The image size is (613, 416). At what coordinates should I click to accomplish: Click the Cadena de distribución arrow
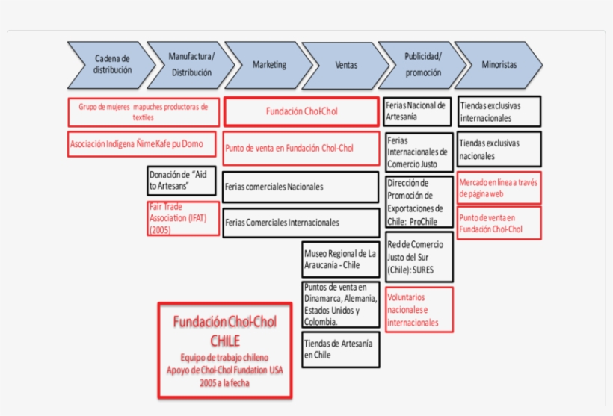(111, 65)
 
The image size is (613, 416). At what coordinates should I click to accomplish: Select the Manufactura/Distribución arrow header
(191, 65)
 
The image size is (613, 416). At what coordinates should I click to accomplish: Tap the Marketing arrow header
(268, 65)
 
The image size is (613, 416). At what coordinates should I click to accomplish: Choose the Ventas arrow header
(345, 65)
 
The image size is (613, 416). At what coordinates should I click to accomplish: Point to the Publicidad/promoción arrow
(422, 65)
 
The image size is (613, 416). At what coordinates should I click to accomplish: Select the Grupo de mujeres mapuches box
(144, 112)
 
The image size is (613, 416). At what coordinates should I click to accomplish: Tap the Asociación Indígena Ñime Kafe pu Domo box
(144, 144)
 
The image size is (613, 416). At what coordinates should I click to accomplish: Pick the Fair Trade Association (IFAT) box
(183, 218)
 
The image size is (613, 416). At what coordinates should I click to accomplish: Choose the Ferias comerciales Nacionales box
(301, 187)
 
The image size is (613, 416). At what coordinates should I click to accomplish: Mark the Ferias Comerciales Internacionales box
(301, 223)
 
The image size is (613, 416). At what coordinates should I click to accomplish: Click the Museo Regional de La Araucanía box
(340, 259)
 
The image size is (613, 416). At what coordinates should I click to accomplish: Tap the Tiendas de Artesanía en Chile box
(340, 349)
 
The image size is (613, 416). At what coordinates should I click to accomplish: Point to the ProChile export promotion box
(419, 202)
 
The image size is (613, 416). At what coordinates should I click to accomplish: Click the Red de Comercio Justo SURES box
(419, 256)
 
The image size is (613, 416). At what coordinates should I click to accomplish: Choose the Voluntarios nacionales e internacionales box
(419, 309)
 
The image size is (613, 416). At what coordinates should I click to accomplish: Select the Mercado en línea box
(499, 187)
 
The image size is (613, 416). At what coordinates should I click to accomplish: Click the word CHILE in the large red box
(225, 341)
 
